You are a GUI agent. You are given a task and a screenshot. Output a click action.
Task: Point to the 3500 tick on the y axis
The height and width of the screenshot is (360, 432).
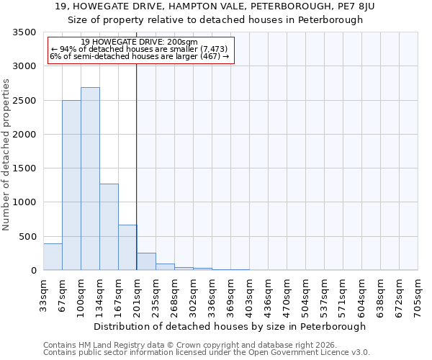coord(25,32)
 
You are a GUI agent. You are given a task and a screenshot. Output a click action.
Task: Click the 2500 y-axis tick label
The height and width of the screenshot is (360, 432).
coord(25,101)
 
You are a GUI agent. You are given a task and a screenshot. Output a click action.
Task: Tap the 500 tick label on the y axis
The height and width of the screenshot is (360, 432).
coord(28,237)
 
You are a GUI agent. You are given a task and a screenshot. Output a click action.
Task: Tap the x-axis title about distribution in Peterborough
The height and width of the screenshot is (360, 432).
coord(230,326)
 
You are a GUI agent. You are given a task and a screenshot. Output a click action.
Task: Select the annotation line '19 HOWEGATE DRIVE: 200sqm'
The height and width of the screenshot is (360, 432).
coord(139,42)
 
